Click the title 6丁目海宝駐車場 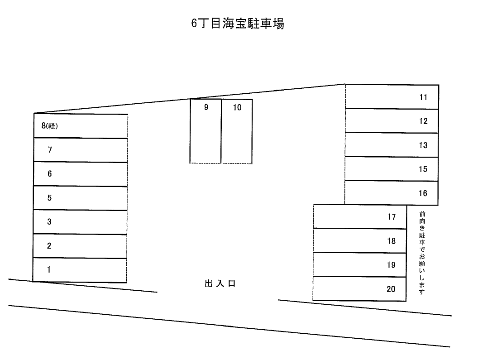tap(238, 24)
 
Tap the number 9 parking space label tap(206, 108)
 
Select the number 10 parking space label tap(237, 108)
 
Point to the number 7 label tap(50, 150)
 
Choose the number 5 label tap(50, 198)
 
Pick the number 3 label tap(50, 222)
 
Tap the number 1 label tap(49, 270)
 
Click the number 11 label tap(423, 97)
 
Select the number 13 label tap(423, 145)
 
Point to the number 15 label tap(423, 169)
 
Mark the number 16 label tap(423, 193)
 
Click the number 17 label tap(392, 217)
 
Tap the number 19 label tap(392, 265)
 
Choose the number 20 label tap(392, 289)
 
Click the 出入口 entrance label tap(220, 284)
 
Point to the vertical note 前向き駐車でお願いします tap(422, 253)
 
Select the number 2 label tap(49, 246)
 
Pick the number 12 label tap(423, 121)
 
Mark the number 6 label tap(50, 174)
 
